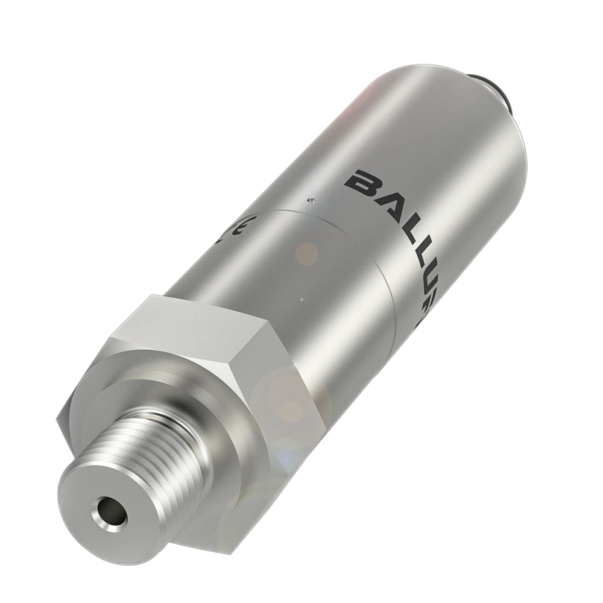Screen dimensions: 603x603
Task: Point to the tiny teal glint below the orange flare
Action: coord(302,299)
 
